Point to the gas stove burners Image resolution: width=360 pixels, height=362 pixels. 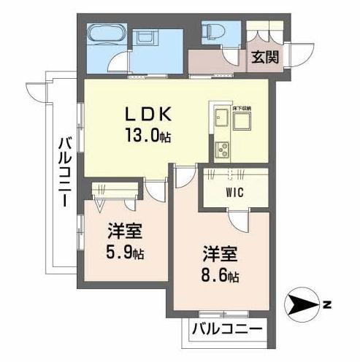(x=221, y=150)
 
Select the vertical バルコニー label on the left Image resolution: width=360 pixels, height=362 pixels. (x=64, y=171)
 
